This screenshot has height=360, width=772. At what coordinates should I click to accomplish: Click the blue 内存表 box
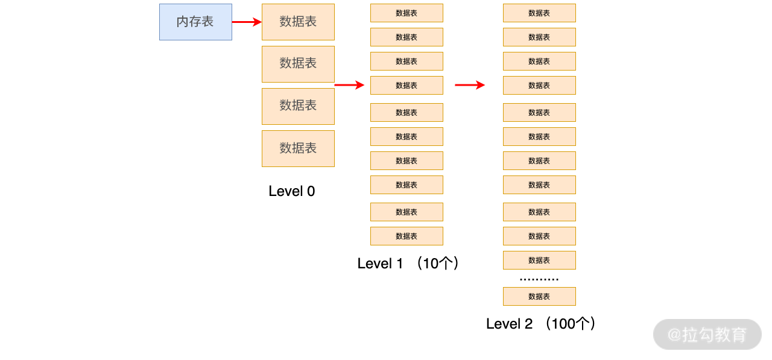[195, 22]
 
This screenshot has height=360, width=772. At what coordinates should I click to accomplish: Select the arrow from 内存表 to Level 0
[246, 22]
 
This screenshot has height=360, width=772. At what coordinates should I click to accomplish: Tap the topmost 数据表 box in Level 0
[298, 22]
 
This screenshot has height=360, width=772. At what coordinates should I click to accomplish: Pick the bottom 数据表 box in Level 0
[298, 148]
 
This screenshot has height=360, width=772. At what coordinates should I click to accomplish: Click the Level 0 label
[291, 191]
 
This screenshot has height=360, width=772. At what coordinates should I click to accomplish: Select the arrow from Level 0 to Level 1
[349, 85]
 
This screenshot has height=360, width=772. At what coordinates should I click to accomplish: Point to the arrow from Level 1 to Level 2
[469, 85]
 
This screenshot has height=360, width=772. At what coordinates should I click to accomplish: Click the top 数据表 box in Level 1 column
[407, 13]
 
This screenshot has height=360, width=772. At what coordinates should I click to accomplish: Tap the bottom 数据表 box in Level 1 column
[407, 236]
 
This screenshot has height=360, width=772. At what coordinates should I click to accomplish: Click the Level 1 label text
[380, 264]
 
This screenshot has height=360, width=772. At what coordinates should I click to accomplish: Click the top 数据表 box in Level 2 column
[539, 13]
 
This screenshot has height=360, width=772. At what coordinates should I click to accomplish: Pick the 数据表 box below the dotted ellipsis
[539, 296]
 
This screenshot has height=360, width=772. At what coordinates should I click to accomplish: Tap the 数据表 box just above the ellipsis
[539, 260]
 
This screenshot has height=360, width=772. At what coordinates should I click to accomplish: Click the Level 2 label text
[510, 324]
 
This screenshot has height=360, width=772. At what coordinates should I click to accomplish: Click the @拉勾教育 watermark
[707, 334]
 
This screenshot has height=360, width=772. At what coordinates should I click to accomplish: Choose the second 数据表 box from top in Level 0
[298, 64]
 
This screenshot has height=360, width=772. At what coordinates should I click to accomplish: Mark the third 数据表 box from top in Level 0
[298, 106]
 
